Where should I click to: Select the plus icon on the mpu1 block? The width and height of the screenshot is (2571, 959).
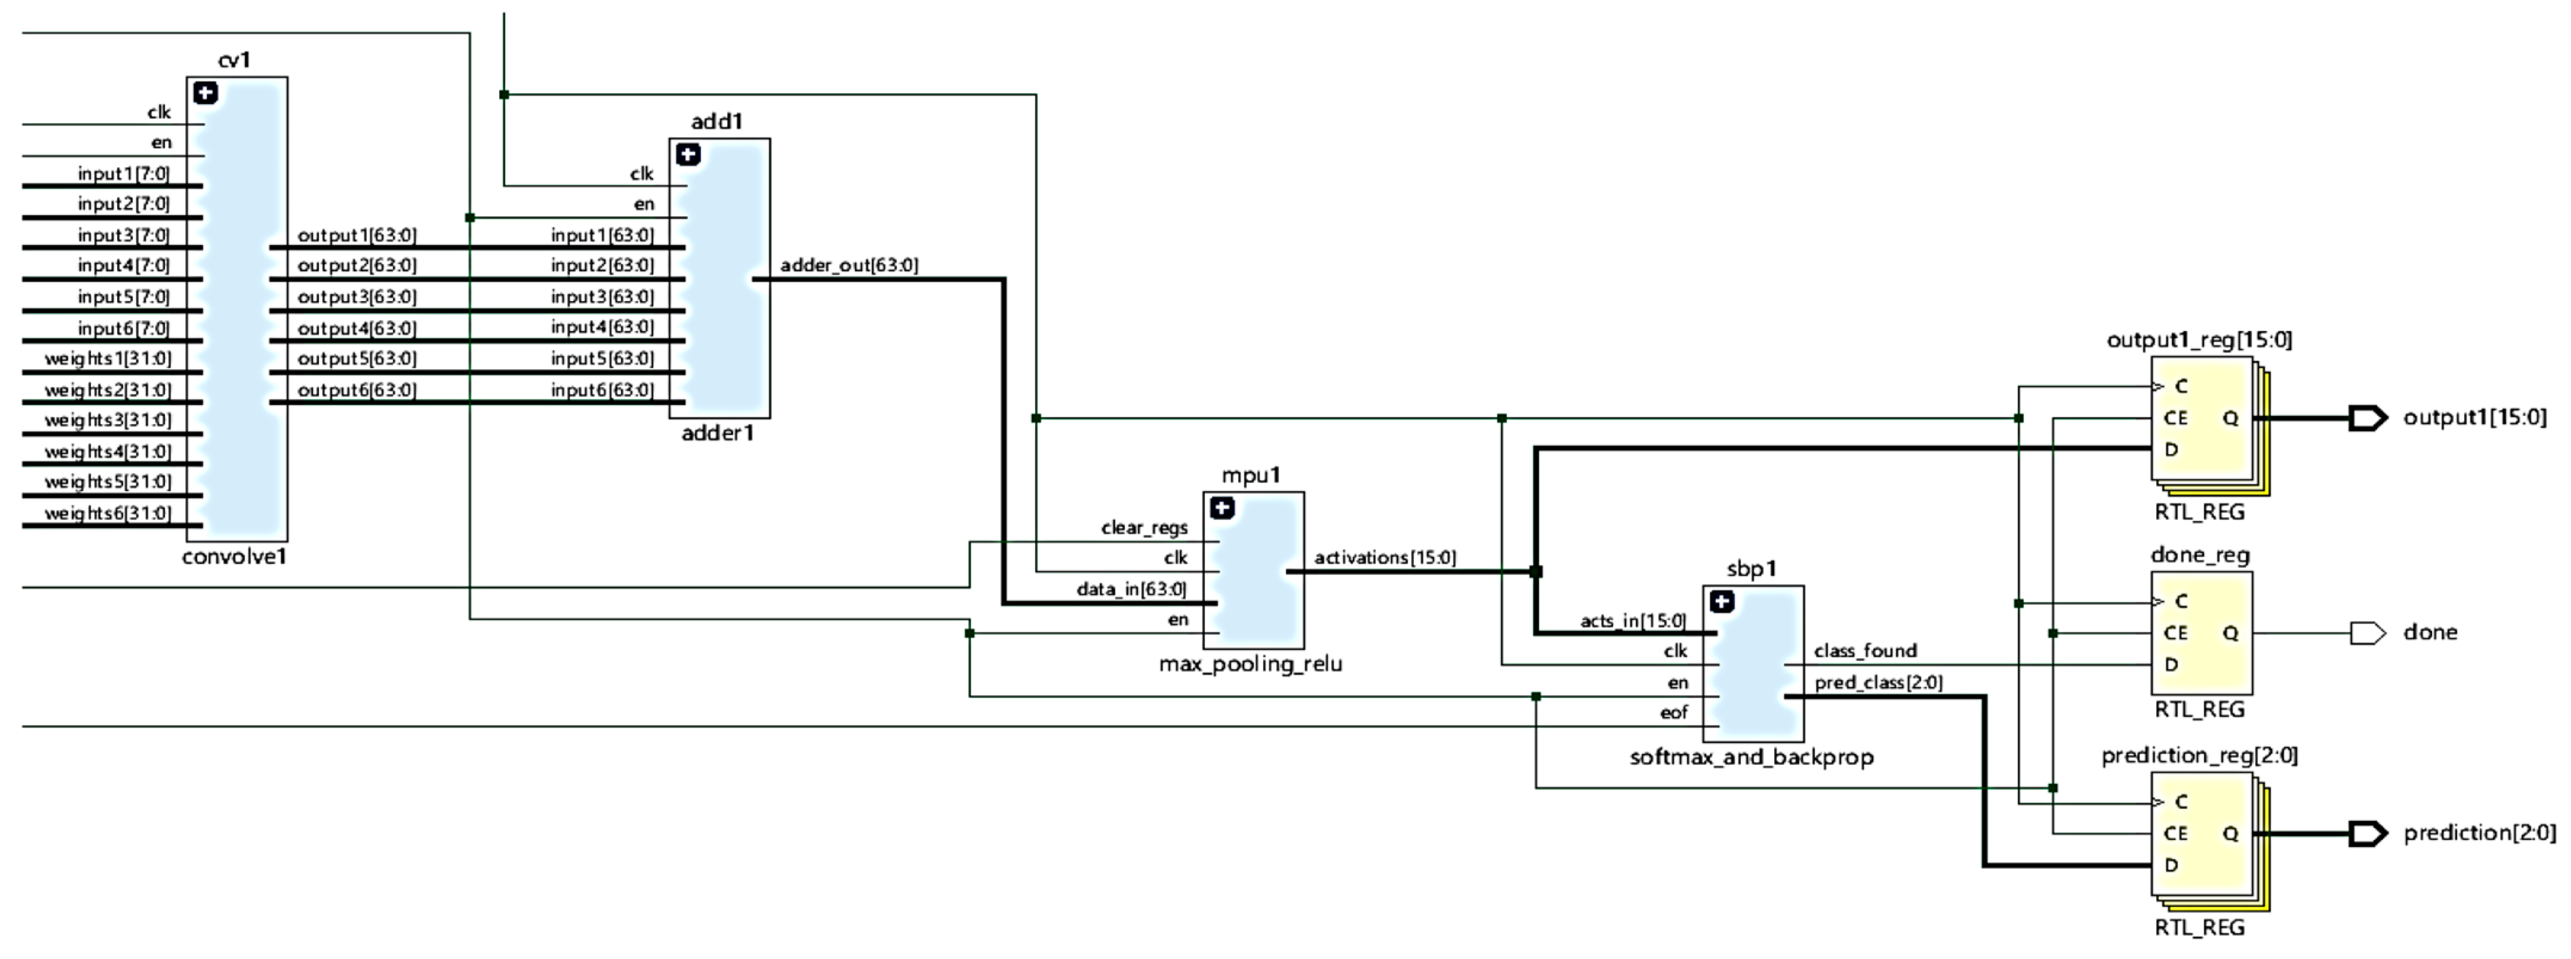pos(1221,509)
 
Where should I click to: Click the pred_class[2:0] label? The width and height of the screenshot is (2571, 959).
pos(1877,683)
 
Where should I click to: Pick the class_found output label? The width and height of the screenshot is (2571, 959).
pos(1864,651)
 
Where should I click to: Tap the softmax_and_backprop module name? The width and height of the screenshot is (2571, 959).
pos(1751,757)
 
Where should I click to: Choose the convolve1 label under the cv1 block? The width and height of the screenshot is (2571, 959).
pos(235,558)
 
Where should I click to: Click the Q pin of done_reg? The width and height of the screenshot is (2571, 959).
pos(2230,634)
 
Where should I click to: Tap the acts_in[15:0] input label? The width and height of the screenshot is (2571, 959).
pos(1632,620)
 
